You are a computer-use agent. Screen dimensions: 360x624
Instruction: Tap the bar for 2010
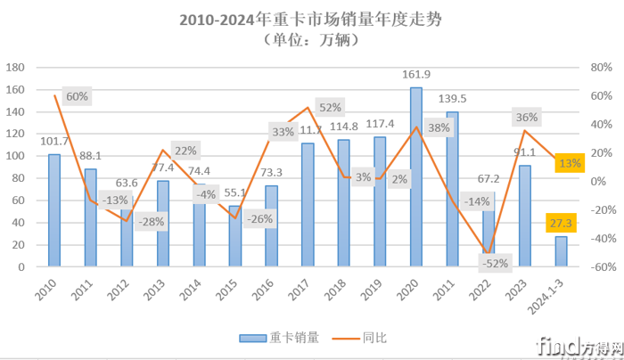(54, 210)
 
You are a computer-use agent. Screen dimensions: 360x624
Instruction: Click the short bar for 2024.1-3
(561, 251)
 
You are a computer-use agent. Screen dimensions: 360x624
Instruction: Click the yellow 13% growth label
(569, 163)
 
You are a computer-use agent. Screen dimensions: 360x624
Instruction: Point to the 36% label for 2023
(526, 117)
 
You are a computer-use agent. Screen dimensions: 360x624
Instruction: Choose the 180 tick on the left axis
(17, 68)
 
